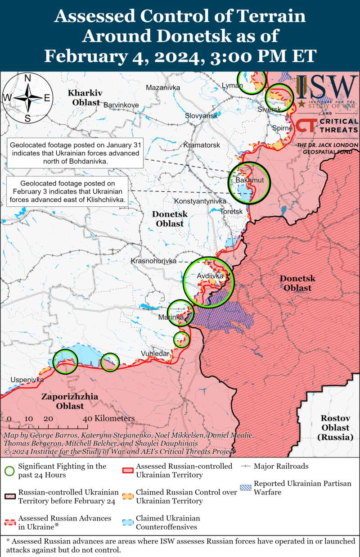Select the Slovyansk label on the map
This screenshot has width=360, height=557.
pos(201,116)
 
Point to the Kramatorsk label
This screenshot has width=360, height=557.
pos(202,145)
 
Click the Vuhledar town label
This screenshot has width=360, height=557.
pos(155,353)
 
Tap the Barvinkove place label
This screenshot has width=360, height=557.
pos(121,105)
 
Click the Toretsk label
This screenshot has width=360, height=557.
pos(232,211)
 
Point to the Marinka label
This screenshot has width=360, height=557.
pos(171,317)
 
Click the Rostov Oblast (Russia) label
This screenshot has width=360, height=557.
pos(336,427)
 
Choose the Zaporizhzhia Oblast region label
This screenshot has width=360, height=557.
pos(63,401)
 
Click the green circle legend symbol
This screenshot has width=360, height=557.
pos(9,471)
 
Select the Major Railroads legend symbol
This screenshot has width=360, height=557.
pos(246,466)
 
